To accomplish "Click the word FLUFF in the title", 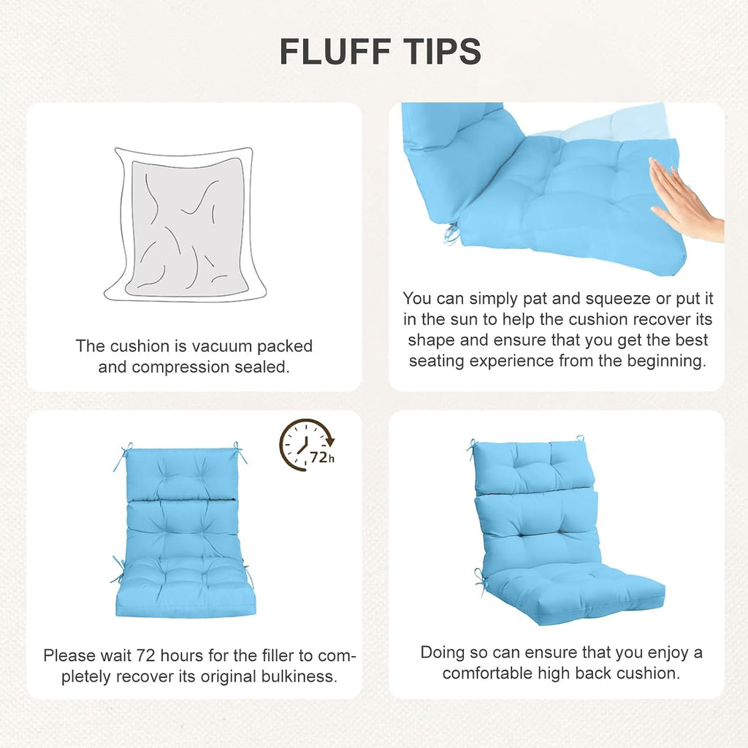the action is point(335,52).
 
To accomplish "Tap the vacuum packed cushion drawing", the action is point(185,224).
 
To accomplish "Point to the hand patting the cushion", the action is point(686,200).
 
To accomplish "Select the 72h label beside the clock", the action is point(322,458).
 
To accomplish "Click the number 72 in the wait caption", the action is point(146,656).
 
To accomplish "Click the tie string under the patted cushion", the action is point(452,234).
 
